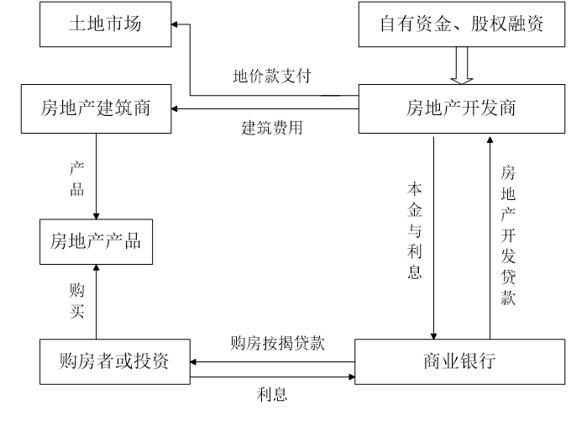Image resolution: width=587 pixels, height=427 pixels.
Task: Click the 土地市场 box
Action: (x=105, y=24)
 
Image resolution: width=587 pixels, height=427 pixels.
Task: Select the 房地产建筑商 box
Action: (x=96, y=108)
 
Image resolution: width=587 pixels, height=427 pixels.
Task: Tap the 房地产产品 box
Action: (x=96, y=242)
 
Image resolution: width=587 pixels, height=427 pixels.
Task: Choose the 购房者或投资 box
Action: (x=114, y=361)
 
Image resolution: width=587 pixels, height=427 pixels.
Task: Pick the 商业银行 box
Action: (x=459, y=361)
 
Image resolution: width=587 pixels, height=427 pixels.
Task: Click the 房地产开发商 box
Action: (x=461, y=108)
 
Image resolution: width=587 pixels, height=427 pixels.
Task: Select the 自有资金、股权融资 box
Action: (x=461, y=24)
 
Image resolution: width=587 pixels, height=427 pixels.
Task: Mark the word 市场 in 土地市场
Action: (x=123, y=24)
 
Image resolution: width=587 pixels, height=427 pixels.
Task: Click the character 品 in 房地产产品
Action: (x=133, y=242)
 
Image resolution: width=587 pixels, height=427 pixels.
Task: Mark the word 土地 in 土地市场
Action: (x=86, y=24)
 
